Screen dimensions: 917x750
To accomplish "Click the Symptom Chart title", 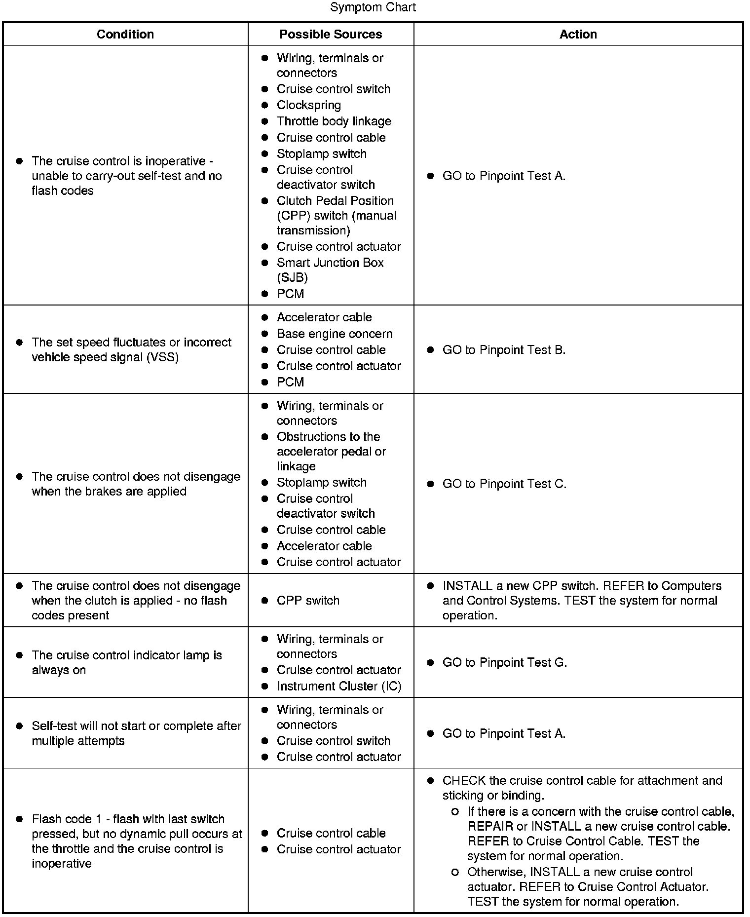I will click(373, 7).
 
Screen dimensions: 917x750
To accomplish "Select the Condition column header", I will click(125, 34).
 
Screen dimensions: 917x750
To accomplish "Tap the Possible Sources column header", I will click(331, 34).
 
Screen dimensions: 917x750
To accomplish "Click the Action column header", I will click(578, 34).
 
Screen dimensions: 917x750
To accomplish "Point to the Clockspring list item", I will click(309, 105).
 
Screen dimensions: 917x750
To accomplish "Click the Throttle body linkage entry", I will click(334, 121).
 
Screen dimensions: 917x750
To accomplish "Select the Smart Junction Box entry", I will click(330, 269).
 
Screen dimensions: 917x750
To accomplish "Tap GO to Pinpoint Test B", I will click(504, 350).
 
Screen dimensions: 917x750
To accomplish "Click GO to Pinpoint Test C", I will click(504, 484).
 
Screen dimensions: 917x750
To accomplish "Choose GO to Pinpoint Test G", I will click(504, 662).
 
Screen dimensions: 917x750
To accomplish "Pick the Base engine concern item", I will click(335, 334).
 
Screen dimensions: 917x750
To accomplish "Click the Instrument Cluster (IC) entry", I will click(339, 686).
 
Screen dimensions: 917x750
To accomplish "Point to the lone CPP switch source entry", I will click(308, 601).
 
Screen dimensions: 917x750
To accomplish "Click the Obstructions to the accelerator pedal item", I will click(331, 451).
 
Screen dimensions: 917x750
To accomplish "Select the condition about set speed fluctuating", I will click(131, 349).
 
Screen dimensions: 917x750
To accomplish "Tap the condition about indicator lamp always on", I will click(127, 662).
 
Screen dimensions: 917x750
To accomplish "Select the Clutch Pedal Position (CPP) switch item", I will click(336, 216).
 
